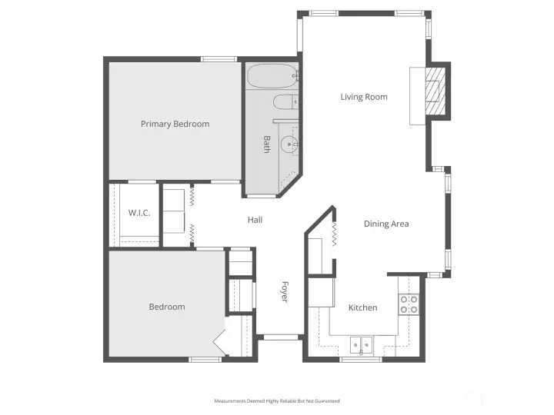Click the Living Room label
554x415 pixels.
(x=364, y=97)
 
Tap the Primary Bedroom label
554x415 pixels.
(x=175, y=124)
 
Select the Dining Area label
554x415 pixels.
(x=386, y=224)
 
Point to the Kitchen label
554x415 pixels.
(x=363, y=307)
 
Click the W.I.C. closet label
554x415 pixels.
(x=139, y=213)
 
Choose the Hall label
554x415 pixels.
(x=255, y=220)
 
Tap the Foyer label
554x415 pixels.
(x=285, y=292)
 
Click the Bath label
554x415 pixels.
(x=267, y=144)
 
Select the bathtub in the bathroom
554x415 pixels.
(x=272, y=76)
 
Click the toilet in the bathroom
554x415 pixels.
(x=285, y=102)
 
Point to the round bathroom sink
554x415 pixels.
(x=289, y=144)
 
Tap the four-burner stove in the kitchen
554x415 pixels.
(x=409, y=304)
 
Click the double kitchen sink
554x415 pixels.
(x=361, y=345)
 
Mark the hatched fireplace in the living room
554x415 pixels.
(x=435, y=91)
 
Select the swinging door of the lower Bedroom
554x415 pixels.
(x=219, y=338)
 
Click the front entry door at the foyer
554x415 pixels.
(x=281, y=337)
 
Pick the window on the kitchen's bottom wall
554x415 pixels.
(x=361, y=360)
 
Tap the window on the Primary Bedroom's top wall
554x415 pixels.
(x=219, y=59)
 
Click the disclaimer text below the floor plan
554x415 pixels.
(x=277, y=401)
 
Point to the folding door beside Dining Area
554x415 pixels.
(x=334, y=234)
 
